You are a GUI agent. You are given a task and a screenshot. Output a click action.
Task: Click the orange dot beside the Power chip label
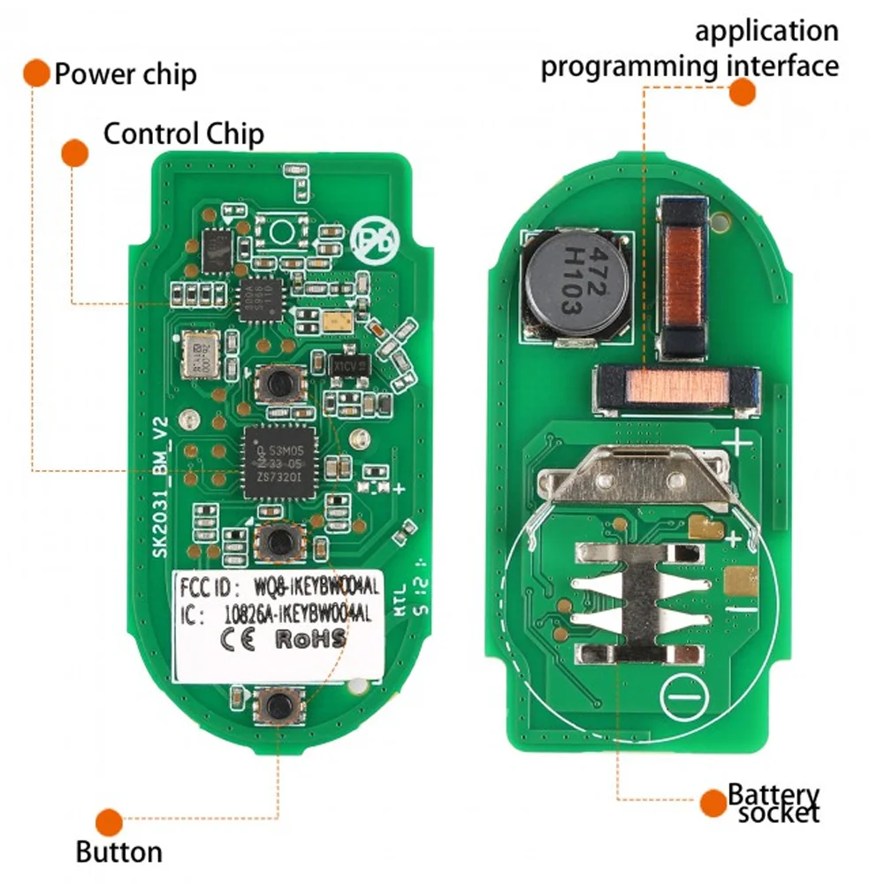(x=36, y=73)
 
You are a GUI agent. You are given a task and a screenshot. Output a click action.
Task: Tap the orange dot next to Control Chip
(x=74, y=153)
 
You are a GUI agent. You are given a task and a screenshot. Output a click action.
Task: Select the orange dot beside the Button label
(x=109, y=822)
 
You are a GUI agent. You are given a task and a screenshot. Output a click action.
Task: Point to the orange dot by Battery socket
(x=712, y=803)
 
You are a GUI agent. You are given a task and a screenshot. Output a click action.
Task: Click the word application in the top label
(x=766, y=31)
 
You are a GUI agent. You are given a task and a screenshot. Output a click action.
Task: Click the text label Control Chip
(x=184, y=134)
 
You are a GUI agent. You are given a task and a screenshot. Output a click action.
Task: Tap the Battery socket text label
(x=773, y=804)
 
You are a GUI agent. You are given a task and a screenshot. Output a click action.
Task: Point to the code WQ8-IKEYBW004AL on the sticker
(x=305, y=586)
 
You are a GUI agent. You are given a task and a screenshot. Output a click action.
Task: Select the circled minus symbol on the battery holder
(x=687, y=697)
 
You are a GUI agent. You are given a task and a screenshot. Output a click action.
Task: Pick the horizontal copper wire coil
(x=677, y=390)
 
